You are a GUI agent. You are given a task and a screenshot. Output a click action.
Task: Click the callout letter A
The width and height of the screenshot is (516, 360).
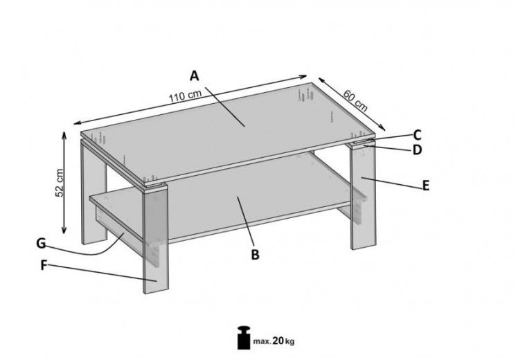195,75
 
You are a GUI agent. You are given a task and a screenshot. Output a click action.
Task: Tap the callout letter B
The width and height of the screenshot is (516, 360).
254,254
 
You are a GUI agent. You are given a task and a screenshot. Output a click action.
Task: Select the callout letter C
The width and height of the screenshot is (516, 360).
417,134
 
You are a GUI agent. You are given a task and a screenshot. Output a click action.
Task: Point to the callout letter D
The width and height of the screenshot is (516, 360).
417,149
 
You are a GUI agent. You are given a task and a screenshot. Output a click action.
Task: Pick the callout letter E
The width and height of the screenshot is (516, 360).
425,185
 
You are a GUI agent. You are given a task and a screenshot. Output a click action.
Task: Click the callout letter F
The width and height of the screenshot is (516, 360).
44,266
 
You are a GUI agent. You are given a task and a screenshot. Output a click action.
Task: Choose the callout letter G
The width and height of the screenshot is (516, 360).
42,243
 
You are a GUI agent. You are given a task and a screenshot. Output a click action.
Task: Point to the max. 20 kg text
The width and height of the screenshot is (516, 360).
274,341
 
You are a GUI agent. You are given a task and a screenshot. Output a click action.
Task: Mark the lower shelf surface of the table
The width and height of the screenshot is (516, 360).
229,208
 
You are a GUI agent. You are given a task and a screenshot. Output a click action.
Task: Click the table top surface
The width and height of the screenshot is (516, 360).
229,132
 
